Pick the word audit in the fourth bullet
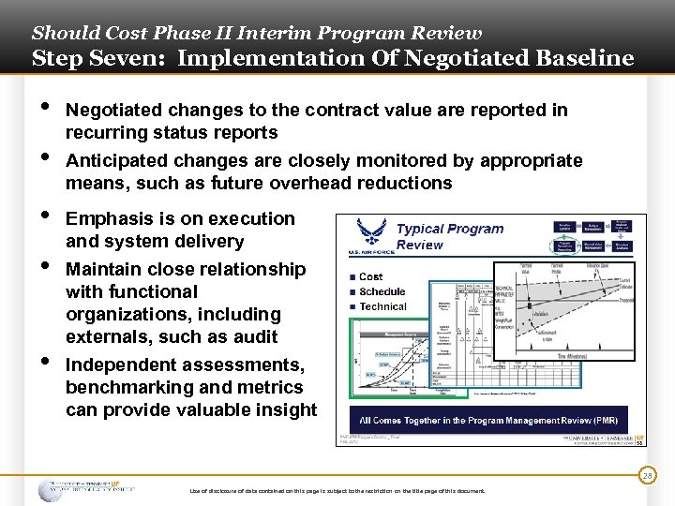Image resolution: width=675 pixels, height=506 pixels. pyautogui.click(x=256, y=336)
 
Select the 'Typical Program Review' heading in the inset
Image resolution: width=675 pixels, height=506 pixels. pyautogui.click(x=449, y=236)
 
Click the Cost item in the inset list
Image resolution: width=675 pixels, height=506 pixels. pyautogui.click(x=371, y=276)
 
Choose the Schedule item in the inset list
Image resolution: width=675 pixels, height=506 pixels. pyautogui.click(x=382, y=291)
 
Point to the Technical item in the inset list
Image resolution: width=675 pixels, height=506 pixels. pyautogui.click(x=382, y=306)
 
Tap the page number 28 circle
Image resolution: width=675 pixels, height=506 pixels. pyautogui.click(x=647, y=477)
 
